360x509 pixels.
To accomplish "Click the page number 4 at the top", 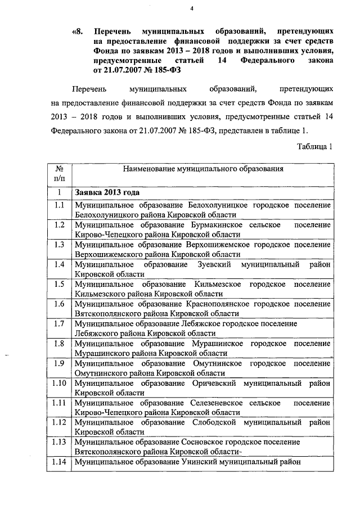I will pyautogui.click(x=192, y=8).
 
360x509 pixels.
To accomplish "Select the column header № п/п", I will pyautogui.click(x=58, y=173).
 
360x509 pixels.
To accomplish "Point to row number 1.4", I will pyautogui.click(x=58, y=264).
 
